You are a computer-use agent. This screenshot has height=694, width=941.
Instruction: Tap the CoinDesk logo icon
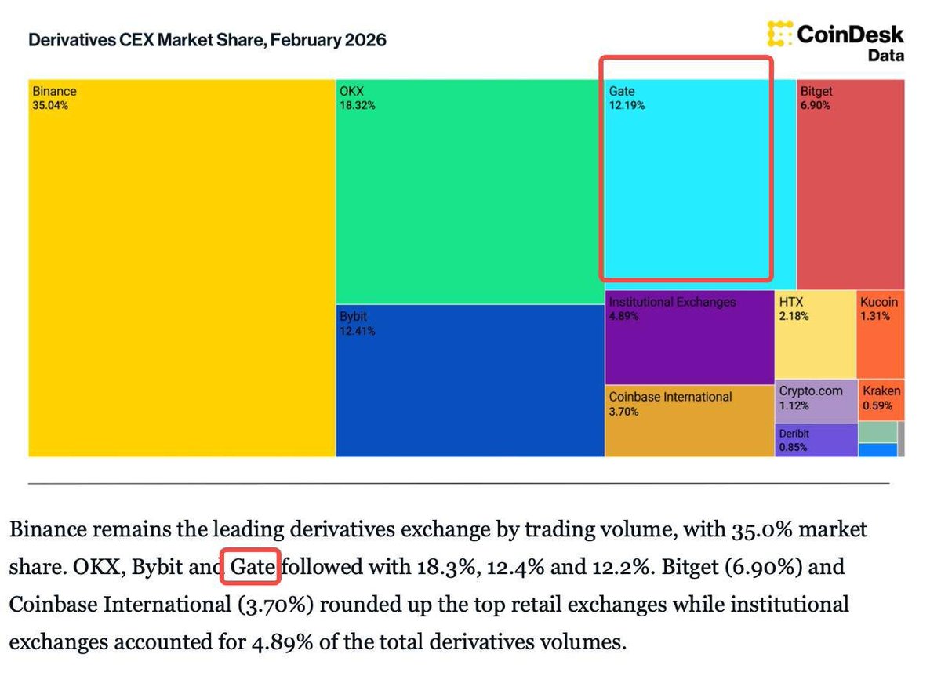click(x=779, y=35)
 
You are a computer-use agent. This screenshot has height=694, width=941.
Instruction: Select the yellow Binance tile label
click(x=54, y=91)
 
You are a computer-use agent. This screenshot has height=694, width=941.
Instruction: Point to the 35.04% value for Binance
click(x=50, y=105)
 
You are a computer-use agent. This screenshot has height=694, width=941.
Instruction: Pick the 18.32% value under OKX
click(x=357, y=105)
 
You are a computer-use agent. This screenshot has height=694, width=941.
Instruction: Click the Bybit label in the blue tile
click(x=353, y=317)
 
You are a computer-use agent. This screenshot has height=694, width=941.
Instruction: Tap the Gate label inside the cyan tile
click(x=622, y=91)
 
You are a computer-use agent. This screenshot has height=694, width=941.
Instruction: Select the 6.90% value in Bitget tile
click(x=815, y=105)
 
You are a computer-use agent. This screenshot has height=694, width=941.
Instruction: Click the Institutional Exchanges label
click(x=673, y=302)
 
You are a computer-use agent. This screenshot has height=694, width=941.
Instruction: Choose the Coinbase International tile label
click(x=670, y=397)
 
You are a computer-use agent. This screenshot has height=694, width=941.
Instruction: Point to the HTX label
click(x=791, y=302)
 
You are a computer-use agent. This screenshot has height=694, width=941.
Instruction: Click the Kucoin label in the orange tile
click(x=879, y=302)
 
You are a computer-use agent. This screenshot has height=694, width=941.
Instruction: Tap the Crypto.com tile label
click(x=811, y=391)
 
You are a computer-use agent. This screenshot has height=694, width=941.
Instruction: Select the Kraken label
click(x=881, y=391)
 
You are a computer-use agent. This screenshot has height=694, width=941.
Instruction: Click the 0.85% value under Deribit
click(x=792, y=448)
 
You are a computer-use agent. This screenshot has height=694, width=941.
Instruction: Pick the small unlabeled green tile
click(x=877, y=432)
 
